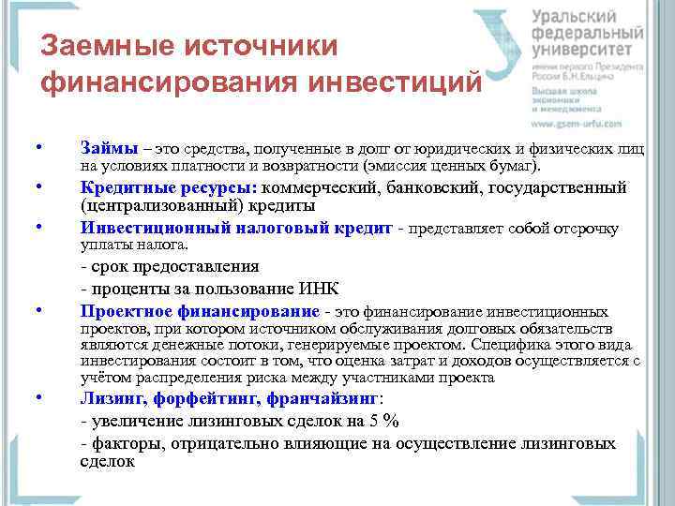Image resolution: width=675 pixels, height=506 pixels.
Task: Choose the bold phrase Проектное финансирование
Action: click(200, 311)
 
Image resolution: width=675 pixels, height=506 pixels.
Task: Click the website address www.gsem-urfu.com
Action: click(577, 123)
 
